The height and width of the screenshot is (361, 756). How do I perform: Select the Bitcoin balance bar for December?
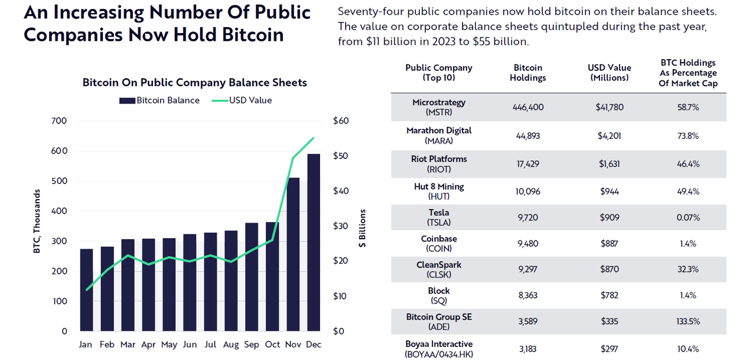[314, 242]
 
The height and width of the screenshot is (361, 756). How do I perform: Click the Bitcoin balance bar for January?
[86, 290]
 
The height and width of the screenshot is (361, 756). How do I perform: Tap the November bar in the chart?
[293, 254]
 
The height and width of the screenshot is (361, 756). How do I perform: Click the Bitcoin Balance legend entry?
[159, 100]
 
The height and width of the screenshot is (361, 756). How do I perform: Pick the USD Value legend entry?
[242, 100]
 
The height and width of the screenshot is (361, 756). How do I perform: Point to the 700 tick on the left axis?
[59, 121]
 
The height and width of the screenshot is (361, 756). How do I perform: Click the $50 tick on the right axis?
[341, 155]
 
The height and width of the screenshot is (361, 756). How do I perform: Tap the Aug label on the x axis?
[231, 344]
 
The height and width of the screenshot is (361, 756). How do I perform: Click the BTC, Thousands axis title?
[37, 221]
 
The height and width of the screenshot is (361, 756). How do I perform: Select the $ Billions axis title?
[362, 228]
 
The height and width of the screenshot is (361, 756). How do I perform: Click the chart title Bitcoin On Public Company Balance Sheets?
[195, 82]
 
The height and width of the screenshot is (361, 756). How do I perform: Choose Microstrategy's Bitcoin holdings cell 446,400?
[528, 108]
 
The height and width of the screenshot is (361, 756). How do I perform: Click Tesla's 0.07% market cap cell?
[688, 217]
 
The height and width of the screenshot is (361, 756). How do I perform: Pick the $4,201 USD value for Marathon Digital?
[609, 136]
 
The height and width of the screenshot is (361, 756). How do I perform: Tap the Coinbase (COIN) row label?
[439, 243]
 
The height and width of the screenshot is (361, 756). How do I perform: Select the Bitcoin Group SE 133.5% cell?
[688, 321]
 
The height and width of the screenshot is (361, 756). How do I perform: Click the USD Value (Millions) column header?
[610, 73]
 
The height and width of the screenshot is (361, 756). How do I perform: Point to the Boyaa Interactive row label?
[439, 349]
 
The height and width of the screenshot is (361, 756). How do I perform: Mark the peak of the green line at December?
[314, 138]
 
